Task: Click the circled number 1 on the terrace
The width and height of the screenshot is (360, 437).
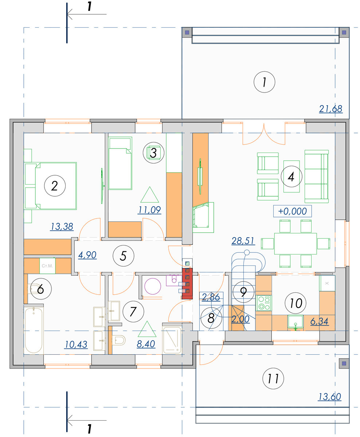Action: (264, 82)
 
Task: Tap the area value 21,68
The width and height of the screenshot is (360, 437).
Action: (330, 109)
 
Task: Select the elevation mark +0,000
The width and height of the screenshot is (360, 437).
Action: (292, 211)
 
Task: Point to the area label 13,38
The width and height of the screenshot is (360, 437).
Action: (62, 227)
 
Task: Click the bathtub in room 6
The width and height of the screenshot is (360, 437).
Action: (34, 330)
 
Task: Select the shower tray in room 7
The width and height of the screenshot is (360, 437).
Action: (172, 340)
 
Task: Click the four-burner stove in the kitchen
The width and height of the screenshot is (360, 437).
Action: (264, 303)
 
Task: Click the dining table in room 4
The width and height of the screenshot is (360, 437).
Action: (295, 244)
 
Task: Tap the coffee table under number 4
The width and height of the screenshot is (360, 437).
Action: (291, 177)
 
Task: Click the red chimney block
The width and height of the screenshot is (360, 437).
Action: (187, 284)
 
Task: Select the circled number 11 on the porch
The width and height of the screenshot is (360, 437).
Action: (273, 378)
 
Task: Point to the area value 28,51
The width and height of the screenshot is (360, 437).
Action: (243, 241)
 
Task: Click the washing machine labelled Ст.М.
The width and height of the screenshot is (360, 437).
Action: (47, 266)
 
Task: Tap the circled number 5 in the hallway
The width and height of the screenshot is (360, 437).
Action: (124, 256)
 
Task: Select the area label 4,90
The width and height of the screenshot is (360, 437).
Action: (87, 255)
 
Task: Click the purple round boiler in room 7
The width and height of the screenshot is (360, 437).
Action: (153, 286)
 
